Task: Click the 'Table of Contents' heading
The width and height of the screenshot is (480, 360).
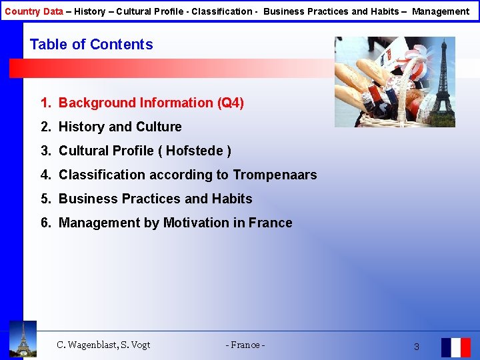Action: [91, 45]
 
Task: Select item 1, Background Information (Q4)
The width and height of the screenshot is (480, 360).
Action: [142, 103]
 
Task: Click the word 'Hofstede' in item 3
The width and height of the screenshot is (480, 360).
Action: [195, 151]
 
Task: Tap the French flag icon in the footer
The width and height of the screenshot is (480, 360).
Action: [455, 347]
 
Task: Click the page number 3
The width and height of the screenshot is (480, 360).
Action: [417, 347]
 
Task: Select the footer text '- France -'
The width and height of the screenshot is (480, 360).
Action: [245, 345]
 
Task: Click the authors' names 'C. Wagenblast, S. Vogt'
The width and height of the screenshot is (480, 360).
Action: [103, 345]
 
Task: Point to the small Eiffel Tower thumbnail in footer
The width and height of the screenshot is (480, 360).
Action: [23, 339]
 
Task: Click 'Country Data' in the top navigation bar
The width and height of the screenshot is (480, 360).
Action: [34, 11]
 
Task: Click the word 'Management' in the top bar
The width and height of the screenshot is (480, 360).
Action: [441, 11]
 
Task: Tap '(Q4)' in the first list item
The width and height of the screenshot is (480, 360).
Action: [231, 103]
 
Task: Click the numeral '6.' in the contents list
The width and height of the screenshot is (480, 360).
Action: [45, 223]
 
